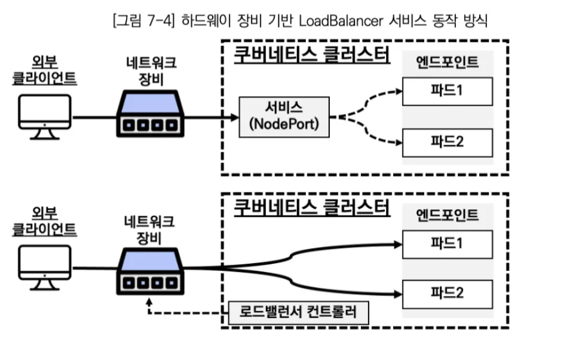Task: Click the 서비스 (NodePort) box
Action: point(284,116)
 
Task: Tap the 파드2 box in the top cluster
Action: point(448,142)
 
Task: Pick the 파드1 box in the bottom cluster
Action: point(448,244)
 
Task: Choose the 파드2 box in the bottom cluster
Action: point(448,293)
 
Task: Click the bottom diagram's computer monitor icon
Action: point(44,268)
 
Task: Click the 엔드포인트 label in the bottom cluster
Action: point(448,215)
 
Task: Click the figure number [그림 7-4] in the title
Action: point(140,22)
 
